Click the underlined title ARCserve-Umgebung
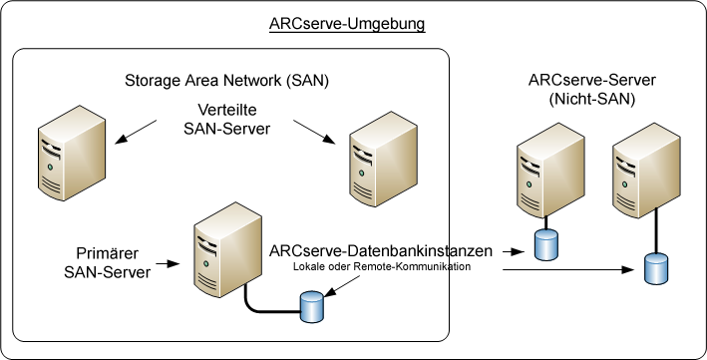[347, 24]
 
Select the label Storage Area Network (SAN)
[226, 80]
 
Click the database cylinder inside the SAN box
[312, 306]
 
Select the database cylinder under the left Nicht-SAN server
[545, 244]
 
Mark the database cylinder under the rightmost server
[654, 268]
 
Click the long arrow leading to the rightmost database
[568, 269]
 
